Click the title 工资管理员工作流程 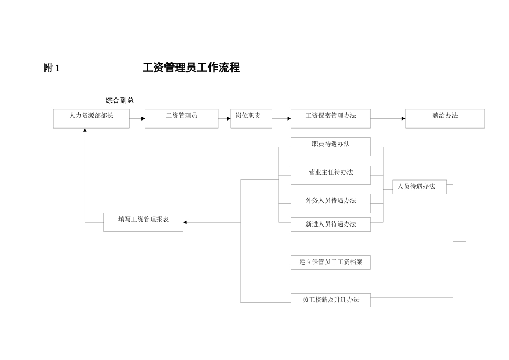click(x=191, y=67)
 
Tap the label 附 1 click(x=52, y=68)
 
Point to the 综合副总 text click(x=119, y=101)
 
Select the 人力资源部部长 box click(x=91, y=118)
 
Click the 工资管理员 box click(x=181, y=118)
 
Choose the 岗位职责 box click(x=251, y=118)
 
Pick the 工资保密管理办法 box click(x=331, y=118)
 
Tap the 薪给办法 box click(x=445, y=118)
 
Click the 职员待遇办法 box click(x=331, y=146)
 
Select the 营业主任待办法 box click(x=331, y=175)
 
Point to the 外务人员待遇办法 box click(x=331, y=203)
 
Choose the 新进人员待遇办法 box click(x=331, y=224)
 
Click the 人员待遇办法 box click(x=419, y=187)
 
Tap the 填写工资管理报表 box click(x=143, y=222)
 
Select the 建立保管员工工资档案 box click(x=331, y=262)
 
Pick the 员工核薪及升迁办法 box click(x=331, y=300)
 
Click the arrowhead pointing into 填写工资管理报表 click(x=185, y=222)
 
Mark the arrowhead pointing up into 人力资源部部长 click(x=85, y=130)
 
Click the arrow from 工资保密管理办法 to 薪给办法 click(x=387, y=118)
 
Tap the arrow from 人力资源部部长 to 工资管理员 click(x=137, y=118)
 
